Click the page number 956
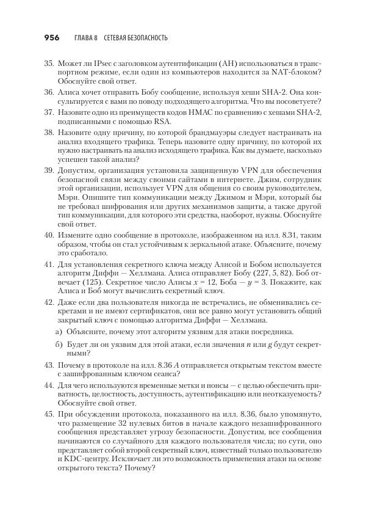pos(51,38)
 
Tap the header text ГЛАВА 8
pos(86,38)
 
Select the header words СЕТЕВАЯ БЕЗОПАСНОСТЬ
pos(135,38)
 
